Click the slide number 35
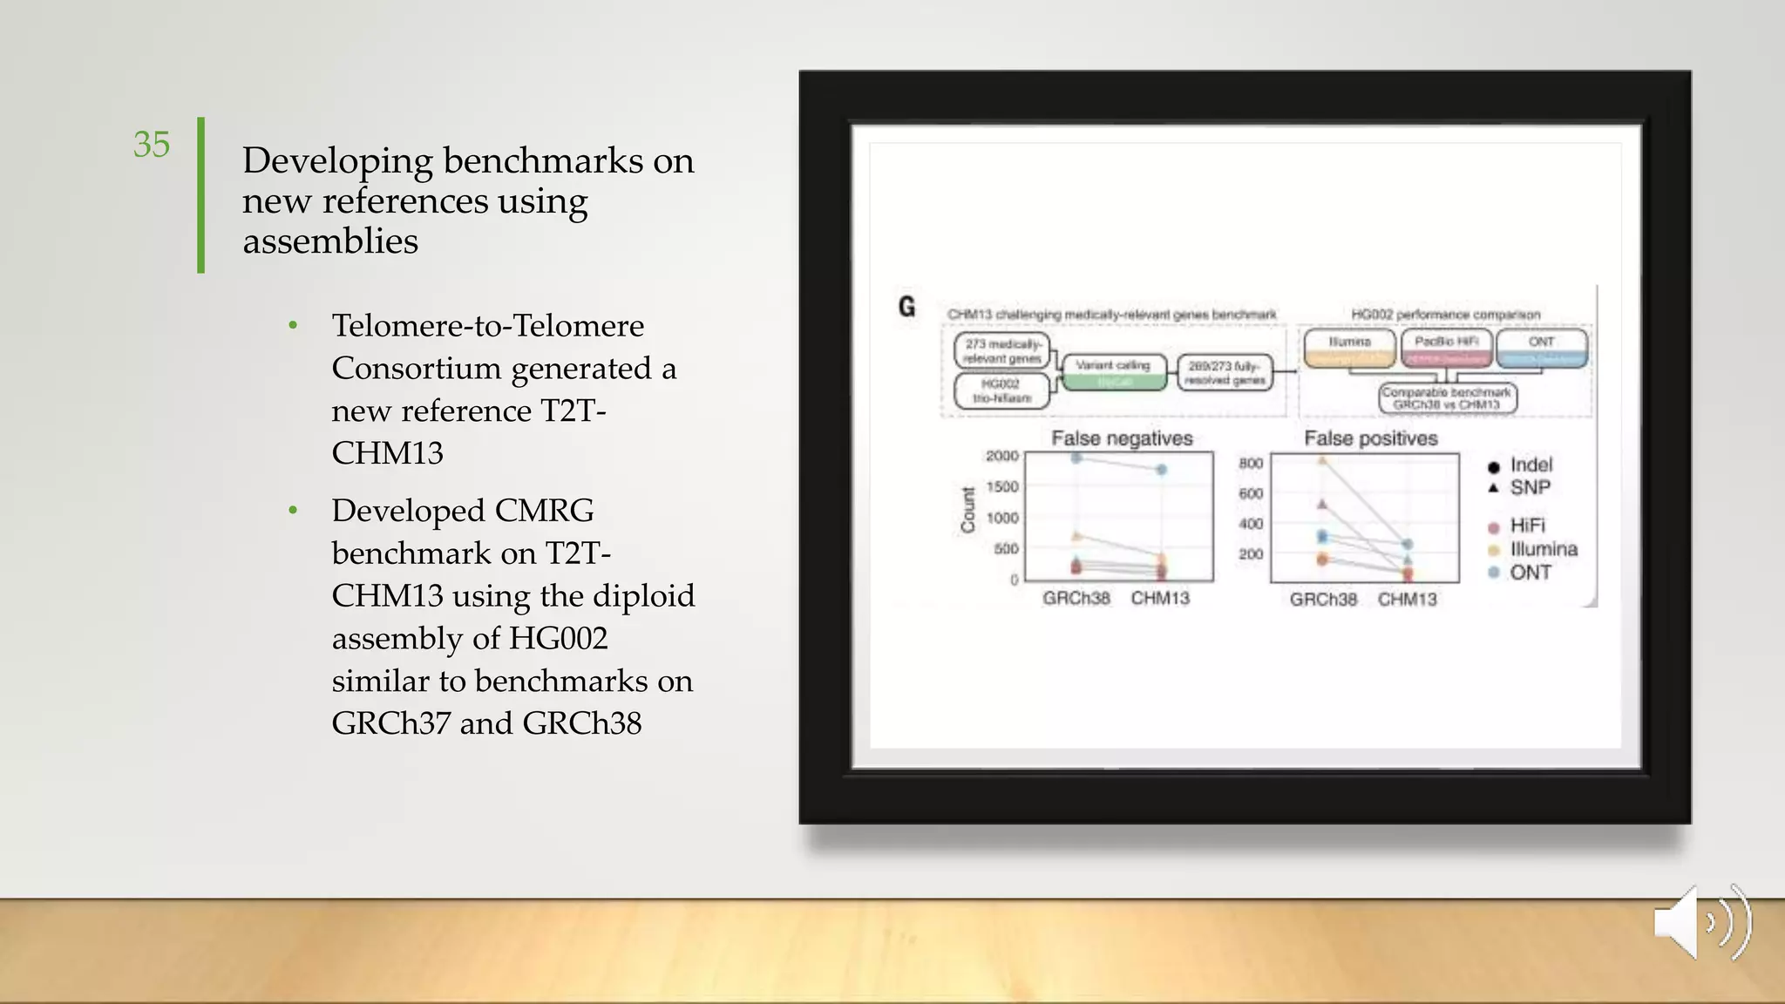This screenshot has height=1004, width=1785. coord(152,145)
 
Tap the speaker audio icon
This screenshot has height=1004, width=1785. coord(1702,922)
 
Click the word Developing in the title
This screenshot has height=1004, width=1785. coord(337,161)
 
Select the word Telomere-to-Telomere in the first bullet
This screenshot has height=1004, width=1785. coord(487,326)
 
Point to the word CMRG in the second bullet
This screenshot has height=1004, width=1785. coord(544,511)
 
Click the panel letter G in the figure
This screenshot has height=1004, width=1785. coord(906,307)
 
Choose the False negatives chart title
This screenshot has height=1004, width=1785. coord(1121,438)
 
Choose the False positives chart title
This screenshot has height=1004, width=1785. coord(1370,438)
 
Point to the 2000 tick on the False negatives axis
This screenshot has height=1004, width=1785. coord(1001,456)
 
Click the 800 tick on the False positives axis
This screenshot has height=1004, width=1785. coord(1251,463)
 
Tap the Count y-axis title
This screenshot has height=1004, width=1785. coord(967,511)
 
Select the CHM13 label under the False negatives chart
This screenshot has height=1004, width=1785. coord(1160,599)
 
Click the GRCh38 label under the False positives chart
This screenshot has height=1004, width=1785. coord(1323,600)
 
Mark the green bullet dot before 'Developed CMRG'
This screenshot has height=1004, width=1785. coord(294,511)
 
